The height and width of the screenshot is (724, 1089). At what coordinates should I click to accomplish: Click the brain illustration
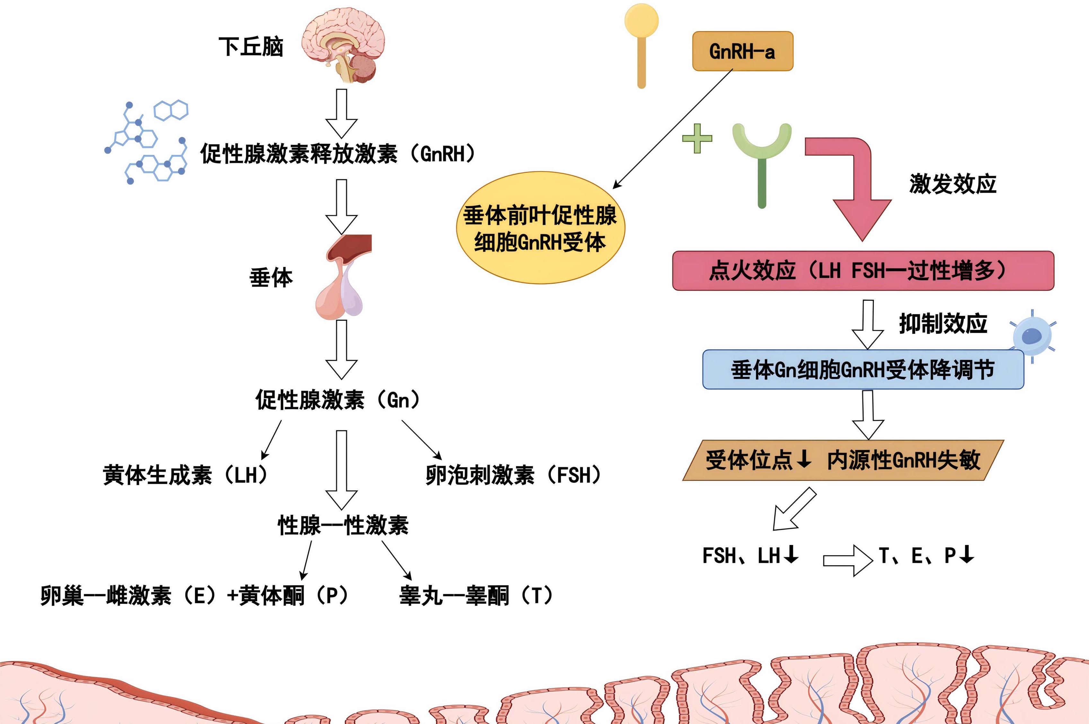tap(344, 46)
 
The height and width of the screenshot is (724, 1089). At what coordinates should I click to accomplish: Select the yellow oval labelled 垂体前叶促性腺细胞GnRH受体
tap(540, 228)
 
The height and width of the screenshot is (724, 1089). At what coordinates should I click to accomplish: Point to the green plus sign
tap(697, 138)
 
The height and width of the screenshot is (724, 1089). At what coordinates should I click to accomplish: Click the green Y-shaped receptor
tap(762, 157)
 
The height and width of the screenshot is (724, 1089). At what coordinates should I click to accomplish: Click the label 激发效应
tap(953, 184)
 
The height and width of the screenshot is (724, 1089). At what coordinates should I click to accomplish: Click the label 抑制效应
tap(943, 323)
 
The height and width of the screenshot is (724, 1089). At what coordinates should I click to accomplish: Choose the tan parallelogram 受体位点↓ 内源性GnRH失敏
tap(843, 460)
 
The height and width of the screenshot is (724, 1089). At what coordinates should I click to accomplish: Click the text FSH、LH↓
tap(750, 556)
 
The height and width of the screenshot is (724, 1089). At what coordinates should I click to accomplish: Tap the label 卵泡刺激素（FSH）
tap(513, 475)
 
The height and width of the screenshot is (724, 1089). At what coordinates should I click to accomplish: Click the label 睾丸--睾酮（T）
tap(476, 596)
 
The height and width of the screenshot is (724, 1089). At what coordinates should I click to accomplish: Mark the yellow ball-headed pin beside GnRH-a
tap(641, 44)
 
